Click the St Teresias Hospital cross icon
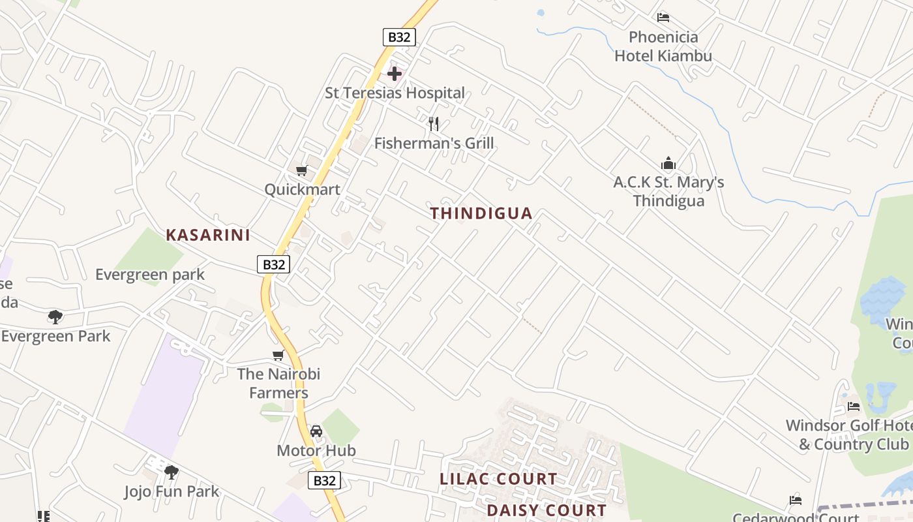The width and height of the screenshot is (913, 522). [x=395, y=73]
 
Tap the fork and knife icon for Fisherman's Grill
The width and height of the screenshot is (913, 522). [x=434, y=123]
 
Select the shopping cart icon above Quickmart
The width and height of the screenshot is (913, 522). [x=301, y=171]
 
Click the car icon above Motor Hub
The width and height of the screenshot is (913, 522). [x=316, y=431]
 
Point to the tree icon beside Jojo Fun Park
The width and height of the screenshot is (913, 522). [x=171, y=472]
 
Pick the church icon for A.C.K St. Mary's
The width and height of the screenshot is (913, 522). [x=668, y=163]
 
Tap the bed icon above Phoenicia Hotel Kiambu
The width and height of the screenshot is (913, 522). [x=663, y=18]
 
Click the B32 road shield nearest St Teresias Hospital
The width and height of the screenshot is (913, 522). [x=399, y=37]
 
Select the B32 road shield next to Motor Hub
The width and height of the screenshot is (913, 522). [x=324, y=481]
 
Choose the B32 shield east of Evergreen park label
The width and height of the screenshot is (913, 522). [x=273, y=264]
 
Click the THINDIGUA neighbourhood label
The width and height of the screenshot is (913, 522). [x=481, y=213]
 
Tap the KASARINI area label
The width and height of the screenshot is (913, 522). [x=208, y=235]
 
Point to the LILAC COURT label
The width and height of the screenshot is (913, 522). [x=498, y=479]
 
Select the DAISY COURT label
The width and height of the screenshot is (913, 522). [x=546, y=510]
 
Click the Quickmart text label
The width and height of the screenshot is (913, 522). [x=302, y=190]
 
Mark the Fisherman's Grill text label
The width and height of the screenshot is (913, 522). [x=434, y=143]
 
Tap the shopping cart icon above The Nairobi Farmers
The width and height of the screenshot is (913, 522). [x=278, y=356]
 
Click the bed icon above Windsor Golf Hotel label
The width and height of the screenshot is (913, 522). [x=854, y=407]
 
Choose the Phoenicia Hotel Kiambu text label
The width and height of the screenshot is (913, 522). [x=663, y=46]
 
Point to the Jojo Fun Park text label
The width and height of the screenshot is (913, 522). [x=172, y=491]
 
